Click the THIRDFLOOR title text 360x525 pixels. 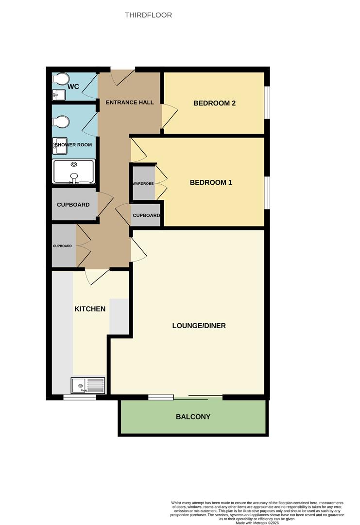click(148, 15)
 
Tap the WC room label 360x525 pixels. click(73, 87)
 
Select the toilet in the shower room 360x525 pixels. click(61, 122)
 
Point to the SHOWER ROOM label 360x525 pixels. click(73, 145)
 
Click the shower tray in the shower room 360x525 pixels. click(73, 172)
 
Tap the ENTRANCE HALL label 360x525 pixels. click(130, 103)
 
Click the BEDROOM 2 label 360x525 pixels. click(214, 103)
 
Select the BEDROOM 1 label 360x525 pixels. click(210, 183)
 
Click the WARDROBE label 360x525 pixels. click(143, 184)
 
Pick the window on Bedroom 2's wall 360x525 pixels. click(267, 103)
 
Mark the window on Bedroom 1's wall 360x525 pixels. click(267, 192)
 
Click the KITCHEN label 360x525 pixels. click(90, 309)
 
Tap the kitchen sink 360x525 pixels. click(88, 385)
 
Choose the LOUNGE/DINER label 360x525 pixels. click(199, 326)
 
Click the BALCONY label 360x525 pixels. click(193, 417)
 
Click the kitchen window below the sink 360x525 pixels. click(80, 397)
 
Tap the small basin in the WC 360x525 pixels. click(55, 94)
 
